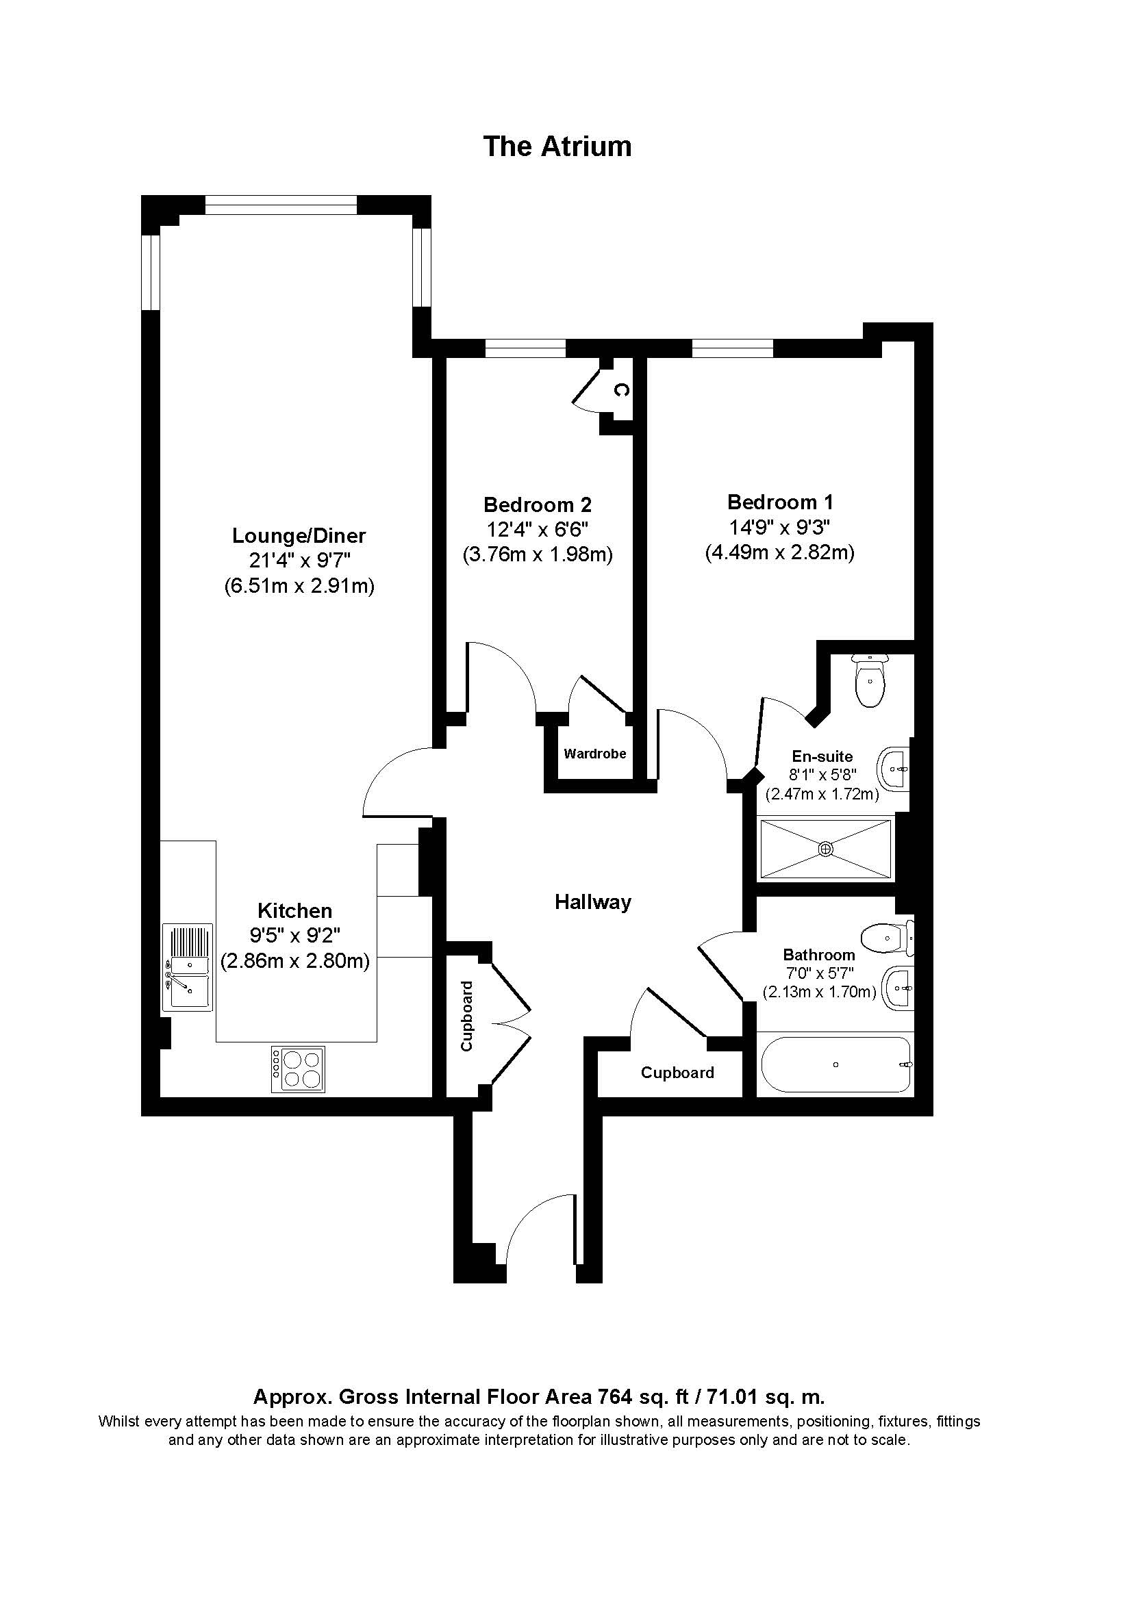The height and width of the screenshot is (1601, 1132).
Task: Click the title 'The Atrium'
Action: (557, 146)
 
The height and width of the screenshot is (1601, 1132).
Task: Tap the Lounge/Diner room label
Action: (299, 535)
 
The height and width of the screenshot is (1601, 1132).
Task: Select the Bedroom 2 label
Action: (537, 504)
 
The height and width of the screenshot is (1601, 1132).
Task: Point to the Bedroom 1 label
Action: (780, 502)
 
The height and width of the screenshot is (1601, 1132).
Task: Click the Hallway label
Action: (593, 902)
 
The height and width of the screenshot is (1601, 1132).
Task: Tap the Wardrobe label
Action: (595, 753)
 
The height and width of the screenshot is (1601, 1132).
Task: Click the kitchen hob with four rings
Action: (298, 1070)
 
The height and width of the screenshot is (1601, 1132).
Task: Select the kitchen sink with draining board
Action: (187, 966)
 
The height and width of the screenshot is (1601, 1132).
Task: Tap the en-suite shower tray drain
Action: (826, 849)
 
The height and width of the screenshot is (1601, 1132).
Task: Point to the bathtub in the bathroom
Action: (835, 1065)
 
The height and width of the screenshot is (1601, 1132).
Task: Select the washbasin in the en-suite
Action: (896, 770)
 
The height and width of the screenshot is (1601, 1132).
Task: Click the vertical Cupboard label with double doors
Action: (466, 1016)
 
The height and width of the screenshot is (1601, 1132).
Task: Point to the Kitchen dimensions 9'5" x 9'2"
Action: (294, 935)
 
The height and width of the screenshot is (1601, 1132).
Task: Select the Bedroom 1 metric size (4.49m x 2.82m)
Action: (779, 552)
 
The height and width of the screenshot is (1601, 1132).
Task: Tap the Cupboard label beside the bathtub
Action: (677, 1073)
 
